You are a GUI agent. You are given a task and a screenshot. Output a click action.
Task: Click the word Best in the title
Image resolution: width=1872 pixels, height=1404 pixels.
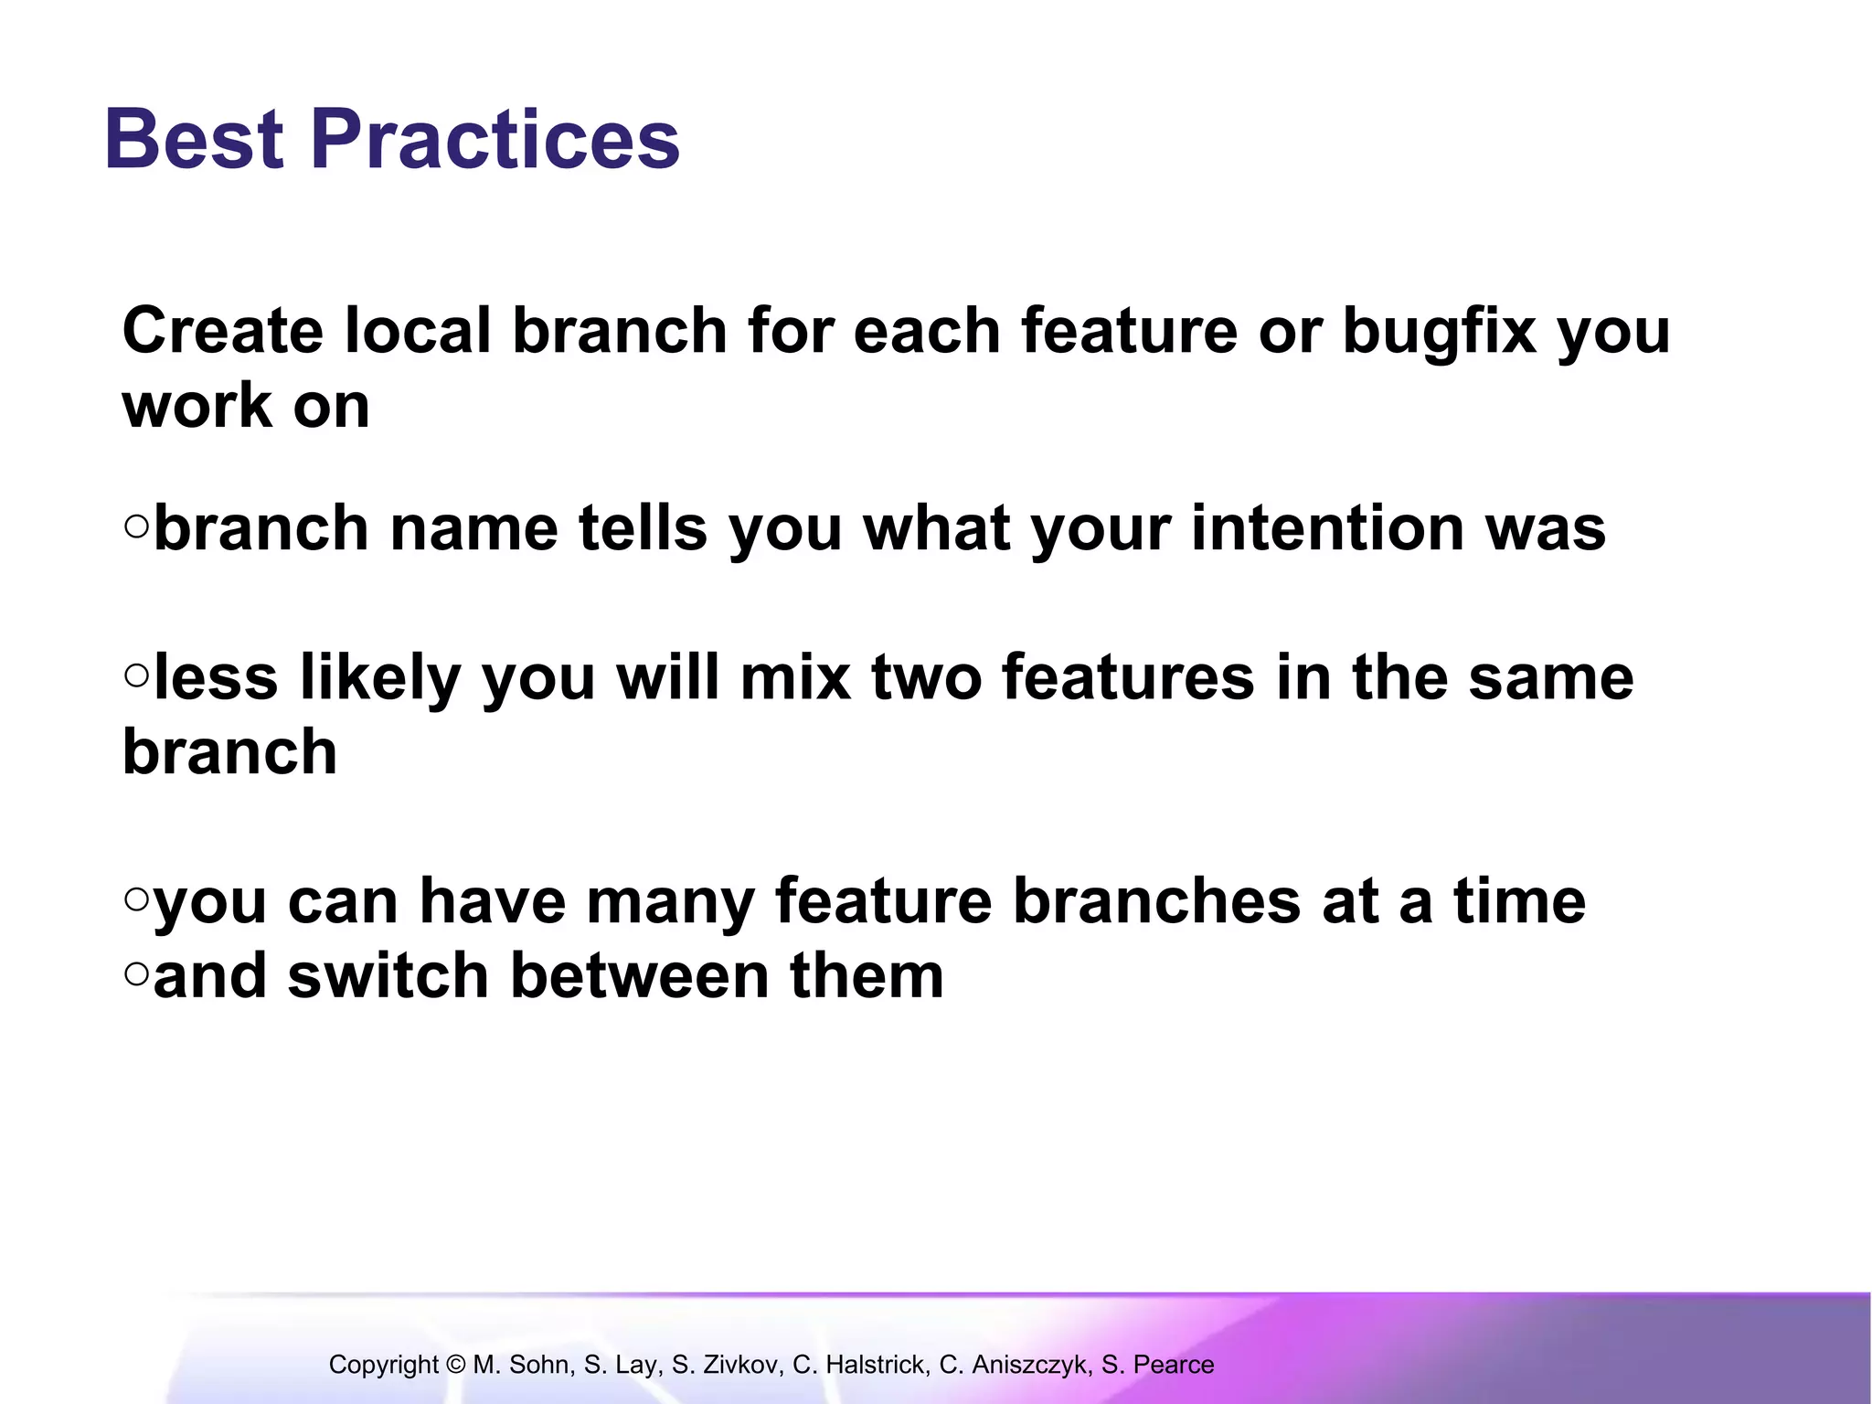194,139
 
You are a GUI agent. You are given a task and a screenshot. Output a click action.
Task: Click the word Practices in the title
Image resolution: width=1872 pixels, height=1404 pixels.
495,139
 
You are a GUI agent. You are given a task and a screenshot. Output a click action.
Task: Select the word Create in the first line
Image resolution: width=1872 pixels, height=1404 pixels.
222,330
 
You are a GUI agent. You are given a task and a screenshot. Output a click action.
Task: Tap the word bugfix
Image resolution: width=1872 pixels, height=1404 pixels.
1439,332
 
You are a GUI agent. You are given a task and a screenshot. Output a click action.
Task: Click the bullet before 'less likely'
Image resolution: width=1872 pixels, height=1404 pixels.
136,675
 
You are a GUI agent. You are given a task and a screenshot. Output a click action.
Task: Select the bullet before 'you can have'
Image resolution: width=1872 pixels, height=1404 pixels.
136,899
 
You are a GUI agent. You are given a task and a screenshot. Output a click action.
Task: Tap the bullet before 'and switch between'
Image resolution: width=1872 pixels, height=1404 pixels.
136,973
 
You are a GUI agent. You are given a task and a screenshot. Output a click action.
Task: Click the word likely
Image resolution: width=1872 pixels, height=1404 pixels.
379,679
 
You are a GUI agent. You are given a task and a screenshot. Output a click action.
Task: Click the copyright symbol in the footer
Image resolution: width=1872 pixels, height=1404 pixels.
456,1365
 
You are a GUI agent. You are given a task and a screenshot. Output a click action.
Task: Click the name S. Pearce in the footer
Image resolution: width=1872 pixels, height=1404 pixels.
1157,1365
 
